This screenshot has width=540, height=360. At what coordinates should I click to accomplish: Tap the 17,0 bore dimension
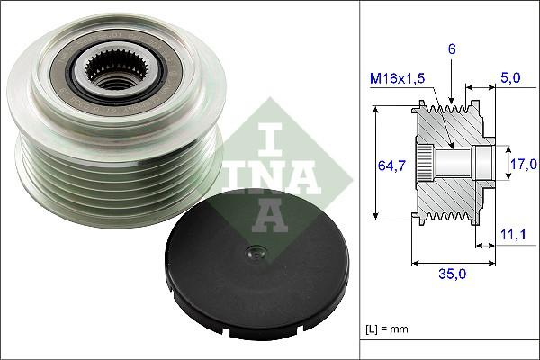pyautogui.click(x=524, y=164)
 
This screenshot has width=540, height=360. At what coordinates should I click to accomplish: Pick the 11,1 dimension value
pyautogui.click(x=511, y=235)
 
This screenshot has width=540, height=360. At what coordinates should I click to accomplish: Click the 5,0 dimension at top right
pyautogui.click(x=509, y=78)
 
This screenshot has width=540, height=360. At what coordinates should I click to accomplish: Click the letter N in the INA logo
pyautogui.click(x=267, y=175)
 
